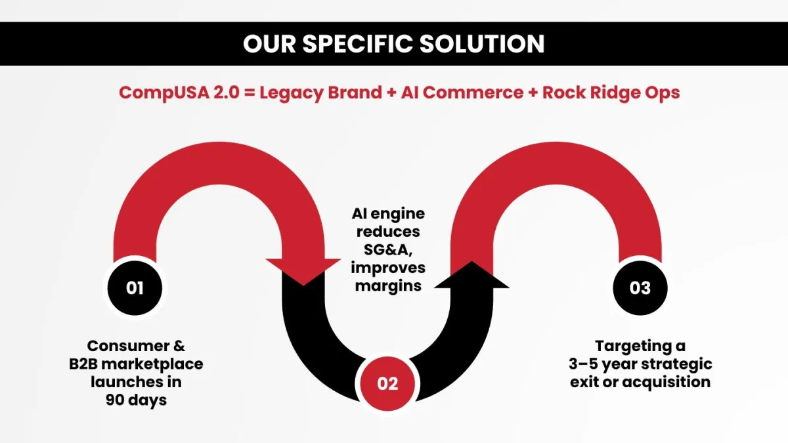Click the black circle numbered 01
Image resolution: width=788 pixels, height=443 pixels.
pos(135,288)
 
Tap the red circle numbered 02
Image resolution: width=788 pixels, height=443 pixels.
pos(387,383)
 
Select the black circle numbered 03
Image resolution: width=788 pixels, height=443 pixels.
pos(640,288)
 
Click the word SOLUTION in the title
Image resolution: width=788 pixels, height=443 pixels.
pos(482,44)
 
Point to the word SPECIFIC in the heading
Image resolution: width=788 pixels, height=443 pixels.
pos(357,44)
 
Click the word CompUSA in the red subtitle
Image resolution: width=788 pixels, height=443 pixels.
pos(164,93)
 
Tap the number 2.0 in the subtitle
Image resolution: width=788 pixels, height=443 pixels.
pos(226,93)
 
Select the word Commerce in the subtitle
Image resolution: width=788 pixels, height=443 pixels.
pos(473,93)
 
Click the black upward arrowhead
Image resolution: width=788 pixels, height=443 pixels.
pos(471,274)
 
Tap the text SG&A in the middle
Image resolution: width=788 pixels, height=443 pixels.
pos(388,249)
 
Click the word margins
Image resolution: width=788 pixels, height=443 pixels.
pos(388,286)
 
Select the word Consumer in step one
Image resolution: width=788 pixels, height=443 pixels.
pos(129,346)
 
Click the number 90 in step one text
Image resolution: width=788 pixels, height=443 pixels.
pos(115,400)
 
